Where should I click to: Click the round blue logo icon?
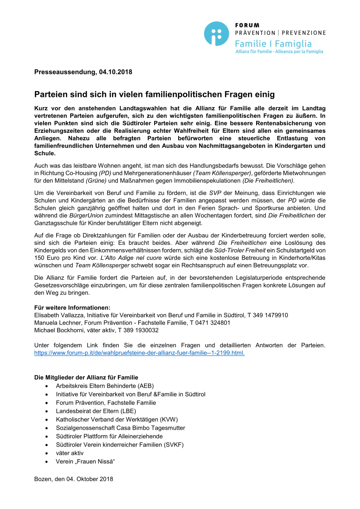[x=216, y=34]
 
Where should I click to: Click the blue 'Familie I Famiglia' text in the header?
[x=273, y=44]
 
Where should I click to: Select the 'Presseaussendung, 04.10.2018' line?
[x=83, y=72]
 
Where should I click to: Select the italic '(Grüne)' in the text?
[x=97, y=180]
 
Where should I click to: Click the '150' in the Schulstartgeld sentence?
[x=40, y=258]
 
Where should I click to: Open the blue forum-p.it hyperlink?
[x=140, y=353]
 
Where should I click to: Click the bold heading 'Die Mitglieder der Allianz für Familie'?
[x=86, y=378]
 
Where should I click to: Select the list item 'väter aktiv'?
[x=70, y=453]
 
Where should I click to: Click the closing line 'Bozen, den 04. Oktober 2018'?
[x=73, y=479]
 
